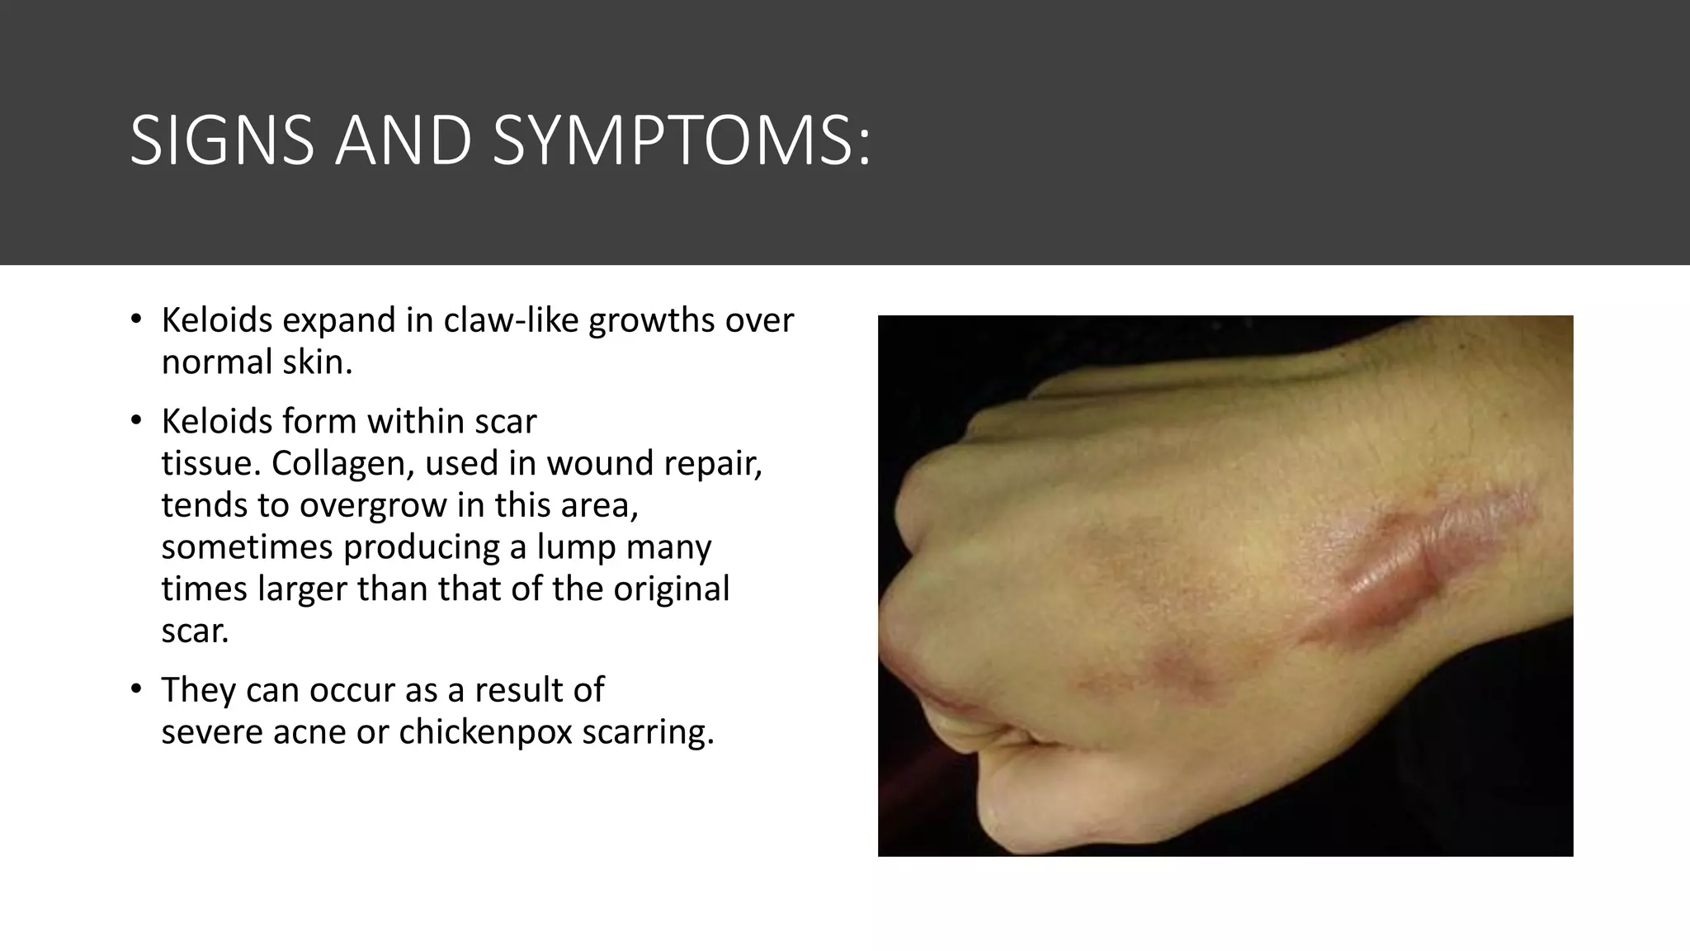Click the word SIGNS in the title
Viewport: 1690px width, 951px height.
pyautogui.click(x=222, y=140)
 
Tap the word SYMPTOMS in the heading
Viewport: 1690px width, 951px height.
pyautogui.click(x=681, y=140)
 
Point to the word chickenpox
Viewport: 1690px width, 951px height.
pyautogui.click(x=485, y=731)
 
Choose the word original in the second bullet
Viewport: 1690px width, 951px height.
pyautogui.click(x=671, y=589)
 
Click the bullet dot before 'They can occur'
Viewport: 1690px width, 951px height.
pyautogui.click(x=136, y=688)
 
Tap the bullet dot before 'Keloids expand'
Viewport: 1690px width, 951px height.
pyautogui.click(x=136, y=319)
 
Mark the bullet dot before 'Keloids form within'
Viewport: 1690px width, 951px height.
pyautogui.click(x=136, y=420)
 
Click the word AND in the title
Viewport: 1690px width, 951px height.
pyautogui.click(x=404, y=140)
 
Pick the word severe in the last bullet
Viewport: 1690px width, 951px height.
pyautogui.click(x=210, y=731)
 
